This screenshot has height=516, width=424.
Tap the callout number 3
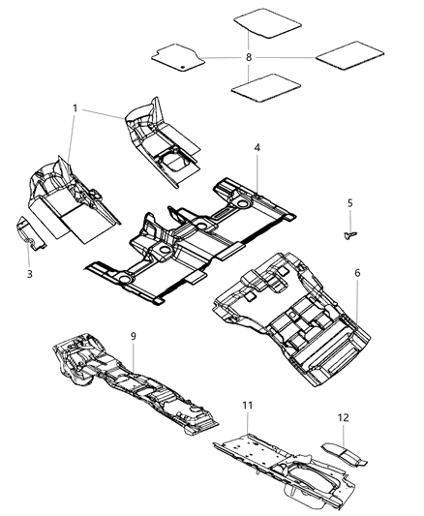[29, 275]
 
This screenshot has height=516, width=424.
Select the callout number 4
[257, 148]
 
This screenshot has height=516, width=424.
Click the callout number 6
[357, 274]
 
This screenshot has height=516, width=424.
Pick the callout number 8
[249, 58]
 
